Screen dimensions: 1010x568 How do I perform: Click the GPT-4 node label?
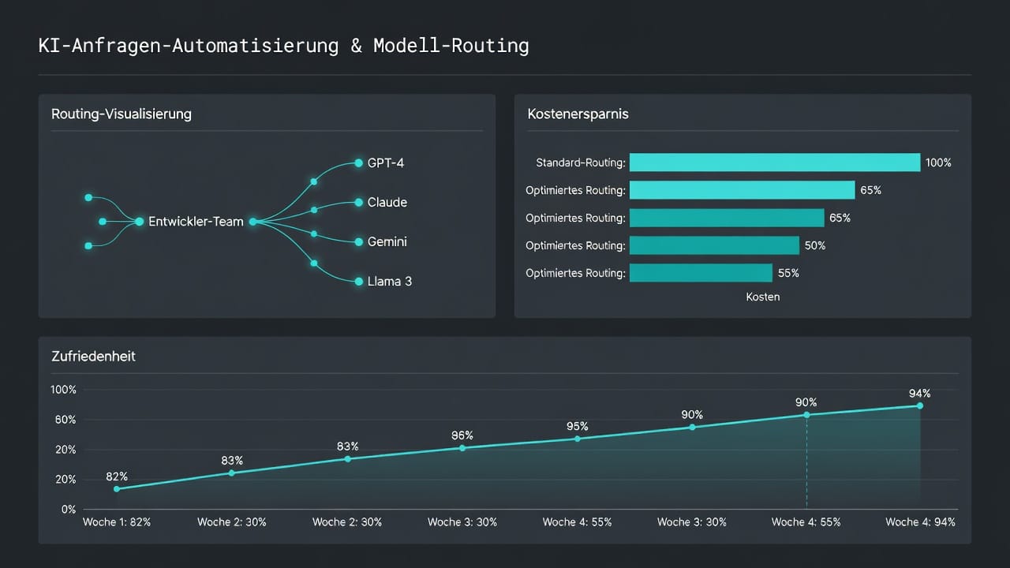[386, 163]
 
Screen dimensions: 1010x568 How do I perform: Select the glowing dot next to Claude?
[359, 203]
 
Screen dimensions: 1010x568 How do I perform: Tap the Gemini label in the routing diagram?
[387, 242]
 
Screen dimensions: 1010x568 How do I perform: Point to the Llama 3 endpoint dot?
[359, 282]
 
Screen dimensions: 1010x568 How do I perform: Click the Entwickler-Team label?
[196, 222]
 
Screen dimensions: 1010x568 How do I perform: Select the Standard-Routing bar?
[775, 163]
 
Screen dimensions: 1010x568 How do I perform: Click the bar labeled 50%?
[714, 245]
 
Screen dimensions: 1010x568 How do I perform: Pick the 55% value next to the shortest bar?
[788, 273]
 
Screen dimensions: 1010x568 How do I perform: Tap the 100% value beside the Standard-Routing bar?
[938, 163]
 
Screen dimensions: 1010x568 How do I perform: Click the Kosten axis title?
[763, 297]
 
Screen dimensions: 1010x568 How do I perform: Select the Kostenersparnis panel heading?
[578, 114]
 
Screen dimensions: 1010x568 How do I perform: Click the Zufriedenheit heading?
[93, 357]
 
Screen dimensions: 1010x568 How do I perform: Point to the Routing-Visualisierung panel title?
[122, 114]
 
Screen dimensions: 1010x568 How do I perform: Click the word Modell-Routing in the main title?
[451, 46]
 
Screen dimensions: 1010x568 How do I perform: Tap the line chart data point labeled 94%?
[920, 405]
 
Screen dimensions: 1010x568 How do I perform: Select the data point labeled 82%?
[117, 489]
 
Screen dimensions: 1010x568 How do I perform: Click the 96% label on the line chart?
[462, 435]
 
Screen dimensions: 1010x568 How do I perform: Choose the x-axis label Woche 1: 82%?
[117, 522]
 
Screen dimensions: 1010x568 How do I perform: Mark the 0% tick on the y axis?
[69, 510]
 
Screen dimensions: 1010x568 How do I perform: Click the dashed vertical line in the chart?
[806, 462]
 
